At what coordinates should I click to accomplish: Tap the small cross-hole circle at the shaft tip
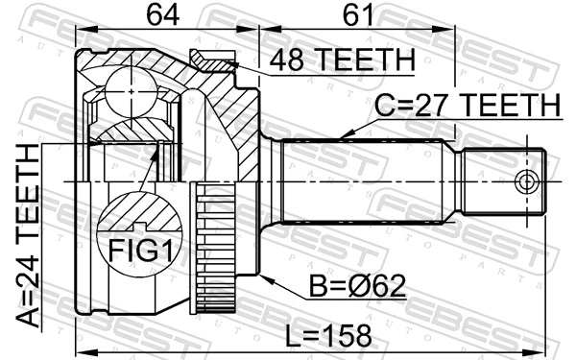coord(524,182)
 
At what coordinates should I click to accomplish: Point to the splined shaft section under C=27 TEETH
coord(365,180)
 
